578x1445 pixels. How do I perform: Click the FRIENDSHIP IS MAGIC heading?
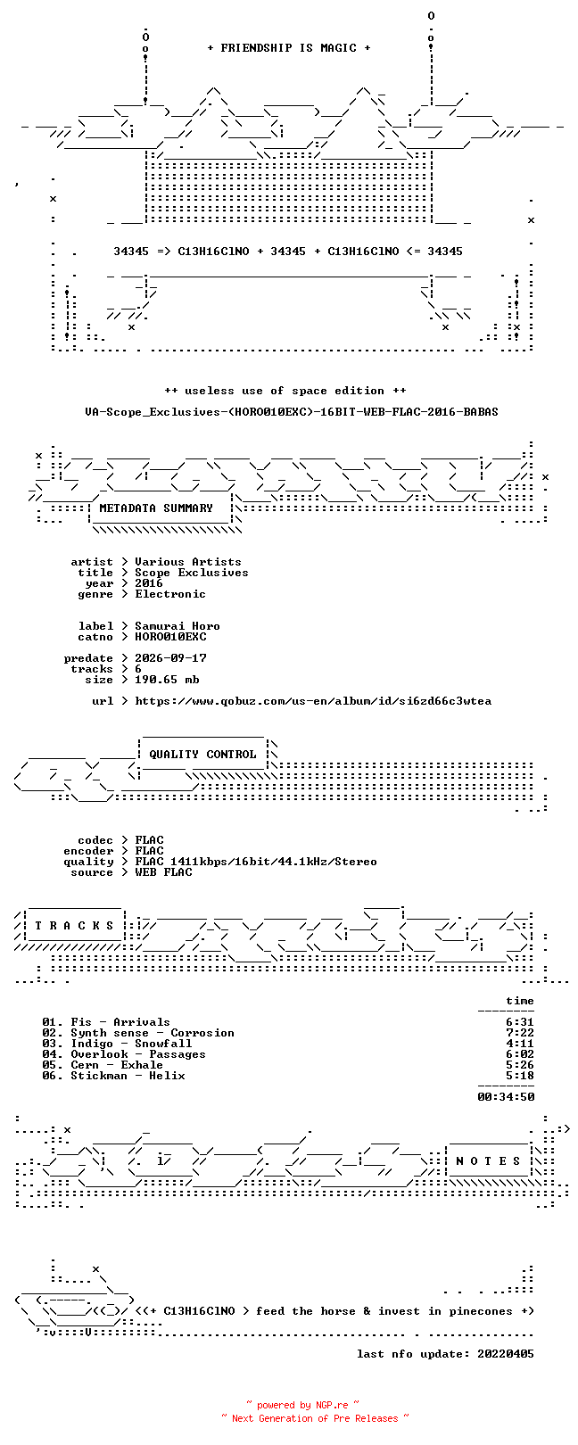click(x=289, y=48)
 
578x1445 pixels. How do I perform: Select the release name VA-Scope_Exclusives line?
click(x=292, y=411)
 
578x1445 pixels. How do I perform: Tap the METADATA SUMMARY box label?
click(x=156, y=508)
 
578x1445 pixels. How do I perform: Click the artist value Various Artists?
click(x=188, y=562)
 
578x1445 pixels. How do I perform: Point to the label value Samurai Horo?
click(x=178, y=626)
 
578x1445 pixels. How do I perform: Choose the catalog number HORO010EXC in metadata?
click(x=171, y=637)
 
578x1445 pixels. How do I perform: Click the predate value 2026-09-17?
click(x=171, y=658)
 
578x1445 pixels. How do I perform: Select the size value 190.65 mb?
click(x=167, y=680)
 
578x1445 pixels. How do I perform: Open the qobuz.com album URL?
click(x=313, y=701)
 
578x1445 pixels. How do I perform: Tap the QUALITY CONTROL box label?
click(x=202, y=754)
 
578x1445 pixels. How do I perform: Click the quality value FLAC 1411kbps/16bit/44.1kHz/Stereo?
click(x=256, y=861)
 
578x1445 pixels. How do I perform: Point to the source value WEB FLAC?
click(x=163, y=872)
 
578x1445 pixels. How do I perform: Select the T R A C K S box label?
click(x=74, y=926)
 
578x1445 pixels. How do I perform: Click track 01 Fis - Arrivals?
click(x=106, y=1022)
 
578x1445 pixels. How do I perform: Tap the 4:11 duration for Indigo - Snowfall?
click(x=520, y=1043)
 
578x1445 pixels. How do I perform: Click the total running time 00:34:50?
click(x=506, y=1096)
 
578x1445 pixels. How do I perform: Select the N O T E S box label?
click(x=488, y=1161)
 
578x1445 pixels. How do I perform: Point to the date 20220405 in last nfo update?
click(x=506, y=1353)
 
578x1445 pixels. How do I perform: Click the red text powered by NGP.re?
click(x=302, y=1405)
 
